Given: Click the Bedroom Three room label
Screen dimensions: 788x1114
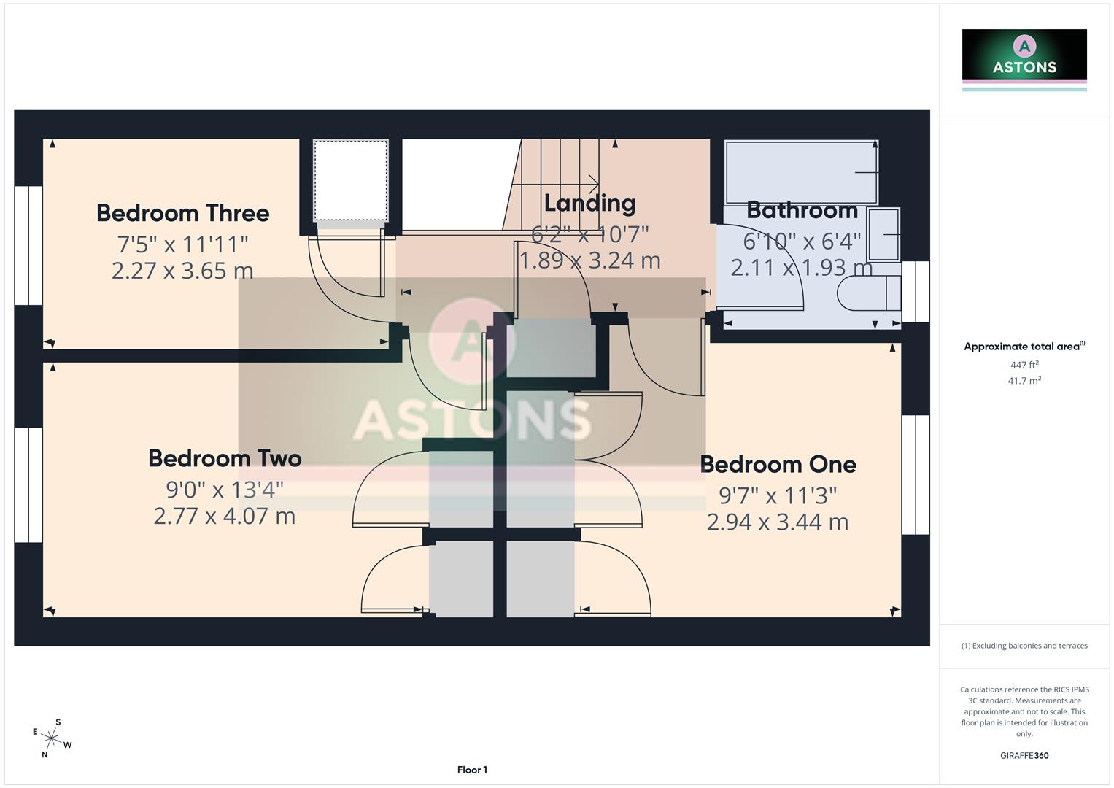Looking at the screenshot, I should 182,213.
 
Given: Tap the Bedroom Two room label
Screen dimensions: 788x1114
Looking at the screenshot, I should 225,458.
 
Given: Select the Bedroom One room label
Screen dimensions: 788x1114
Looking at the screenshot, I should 778,464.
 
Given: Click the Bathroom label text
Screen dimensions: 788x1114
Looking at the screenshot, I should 802,210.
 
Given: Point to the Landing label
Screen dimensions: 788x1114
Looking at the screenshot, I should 589,203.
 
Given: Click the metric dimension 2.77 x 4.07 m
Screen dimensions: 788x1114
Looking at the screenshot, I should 224,517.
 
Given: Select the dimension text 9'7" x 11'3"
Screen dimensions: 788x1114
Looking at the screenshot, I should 778,495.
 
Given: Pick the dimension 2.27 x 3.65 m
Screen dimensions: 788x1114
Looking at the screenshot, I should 182,271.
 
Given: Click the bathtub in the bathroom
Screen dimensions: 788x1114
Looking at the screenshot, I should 800,172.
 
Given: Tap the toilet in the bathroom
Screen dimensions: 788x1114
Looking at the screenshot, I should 869,294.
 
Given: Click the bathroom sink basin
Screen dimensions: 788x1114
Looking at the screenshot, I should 883,234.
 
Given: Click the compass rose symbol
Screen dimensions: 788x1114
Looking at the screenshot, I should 51,738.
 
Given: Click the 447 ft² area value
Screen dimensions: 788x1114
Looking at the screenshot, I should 1024,365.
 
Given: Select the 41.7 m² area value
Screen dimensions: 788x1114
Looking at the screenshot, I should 1024,381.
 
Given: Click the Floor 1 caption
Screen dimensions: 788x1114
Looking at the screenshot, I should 472,770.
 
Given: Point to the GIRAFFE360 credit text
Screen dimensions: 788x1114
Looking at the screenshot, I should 1024,755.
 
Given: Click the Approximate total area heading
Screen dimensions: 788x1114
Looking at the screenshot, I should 1024,347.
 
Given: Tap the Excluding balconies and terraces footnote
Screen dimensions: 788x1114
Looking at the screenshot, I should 1024,646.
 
